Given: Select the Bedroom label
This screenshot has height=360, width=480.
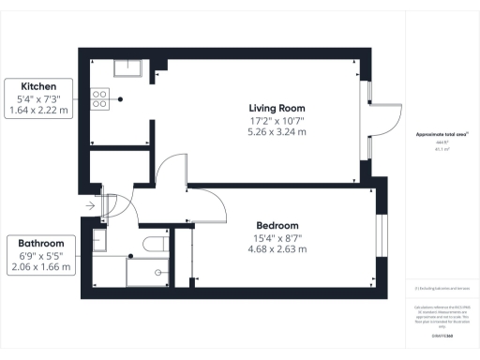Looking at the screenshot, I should pyautogui.click(x=277, y=226).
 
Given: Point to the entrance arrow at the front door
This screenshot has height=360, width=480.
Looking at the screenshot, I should pyautogui.click(x=90, y=205).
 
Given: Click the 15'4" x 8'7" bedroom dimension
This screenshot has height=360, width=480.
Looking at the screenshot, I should pyautogui.click(x=277, y=238).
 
